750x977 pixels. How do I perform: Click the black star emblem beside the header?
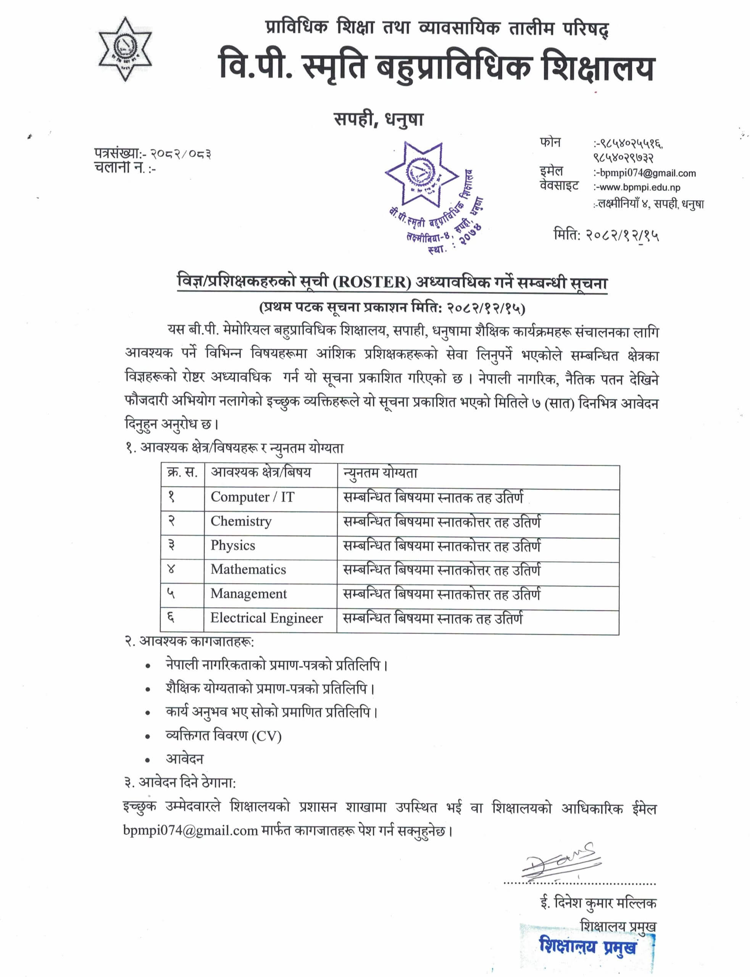pyautogui.click(x=125, y=49)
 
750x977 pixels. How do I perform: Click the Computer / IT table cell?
pyautogui.click(x=252, y=497)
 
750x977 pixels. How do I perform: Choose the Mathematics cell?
pyautogui.click(x=248, y=569)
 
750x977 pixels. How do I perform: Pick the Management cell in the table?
pyautogui.click(x=248, y=593)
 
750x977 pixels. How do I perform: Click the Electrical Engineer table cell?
pyautogui.click(x=266, y=618)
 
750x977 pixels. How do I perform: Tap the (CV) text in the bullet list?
pyautogui.click(x=266, y=735)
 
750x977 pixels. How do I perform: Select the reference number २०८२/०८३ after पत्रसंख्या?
pyautogui.click(x=181, y=154)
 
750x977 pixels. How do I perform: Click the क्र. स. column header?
pyautogui.click(x=182, y=472)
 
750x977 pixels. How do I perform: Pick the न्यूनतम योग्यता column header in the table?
pyautogui.click(x=381, y=473)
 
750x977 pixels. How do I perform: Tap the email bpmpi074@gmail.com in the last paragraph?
pyautogui.click(x=190, y=830)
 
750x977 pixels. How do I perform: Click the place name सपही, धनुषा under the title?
pyautogui.click(x=379, y=119)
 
